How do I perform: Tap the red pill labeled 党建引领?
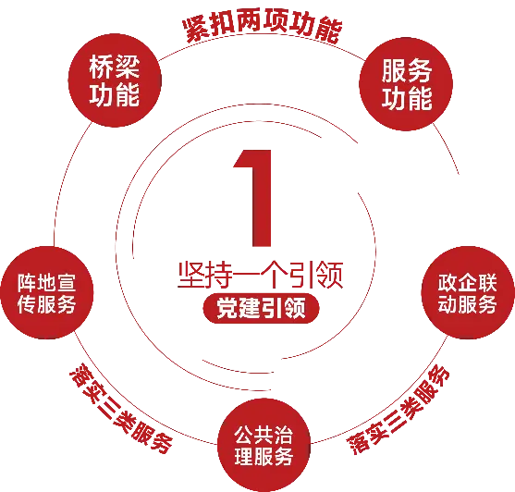[261, 308]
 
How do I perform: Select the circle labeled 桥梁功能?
[115, 80]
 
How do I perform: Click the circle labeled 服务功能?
[406, 84]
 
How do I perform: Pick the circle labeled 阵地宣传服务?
[47, 292]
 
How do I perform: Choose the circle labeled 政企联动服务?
[468, 292]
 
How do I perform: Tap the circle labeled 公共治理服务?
[264, 445]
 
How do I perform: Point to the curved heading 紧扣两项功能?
[263, 26]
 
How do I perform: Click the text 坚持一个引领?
[261, 276]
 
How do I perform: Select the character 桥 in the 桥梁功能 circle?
[101, 67]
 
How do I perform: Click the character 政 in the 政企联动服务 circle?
[448, 282]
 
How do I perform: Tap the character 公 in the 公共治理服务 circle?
[244, 435]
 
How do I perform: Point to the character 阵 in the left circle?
[27, 282]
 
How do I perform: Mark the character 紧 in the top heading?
[195, 31]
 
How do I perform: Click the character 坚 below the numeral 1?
[191, 276]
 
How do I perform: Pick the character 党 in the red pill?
[227, 308]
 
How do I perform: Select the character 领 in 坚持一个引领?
[330, 276]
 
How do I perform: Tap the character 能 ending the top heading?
[329, 31]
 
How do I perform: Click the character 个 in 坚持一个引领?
[275, 276]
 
